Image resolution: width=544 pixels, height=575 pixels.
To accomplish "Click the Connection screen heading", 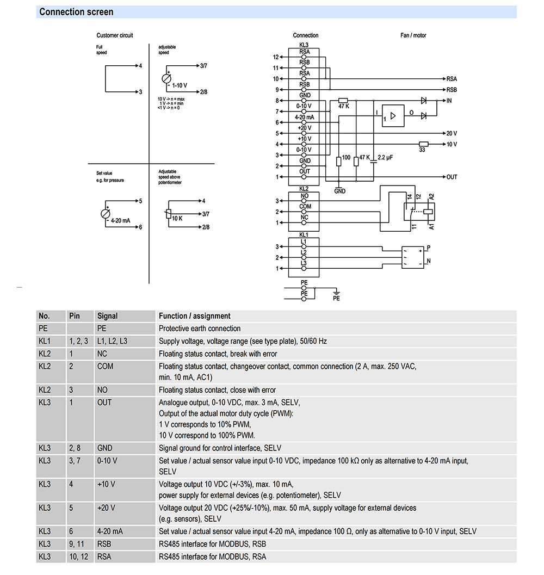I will point(77,12).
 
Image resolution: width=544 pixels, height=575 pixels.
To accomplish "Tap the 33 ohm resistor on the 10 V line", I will point(423,144).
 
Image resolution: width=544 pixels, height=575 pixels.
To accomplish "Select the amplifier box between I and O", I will point(393,115).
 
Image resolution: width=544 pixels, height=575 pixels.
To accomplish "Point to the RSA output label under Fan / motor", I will point(452,79).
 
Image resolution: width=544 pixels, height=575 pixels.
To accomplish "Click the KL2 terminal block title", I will point(304,188).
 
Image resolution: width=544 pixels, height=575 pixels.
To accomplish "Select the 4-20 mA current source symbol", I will point(105,214).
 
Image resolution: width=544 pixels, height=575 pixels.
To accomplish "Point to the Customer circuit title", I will point(115,35).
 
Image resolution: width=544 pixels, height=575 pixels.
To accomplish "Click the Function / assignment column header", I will point(194,316).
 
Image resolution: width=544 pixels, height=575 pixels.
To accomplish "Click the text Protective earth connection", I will point(199,329).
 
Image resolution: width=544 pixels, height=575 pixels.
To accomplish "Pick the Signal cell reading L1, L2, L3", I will point(112,341).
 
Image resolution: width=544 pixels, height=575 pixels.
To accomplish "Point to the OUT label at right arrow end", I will point(452,177).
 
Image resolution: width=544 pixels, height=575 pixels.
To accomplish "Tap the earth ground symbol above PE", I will point(336,292).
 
